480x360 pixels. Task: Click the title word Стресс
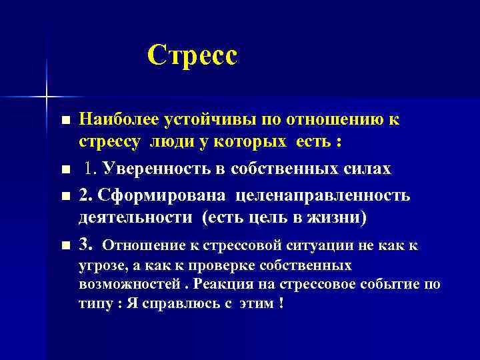(x=192, y=55)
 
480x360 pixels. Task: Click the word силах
(x=365, y=169)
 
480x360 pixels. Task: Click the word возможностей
(x=129, y=283)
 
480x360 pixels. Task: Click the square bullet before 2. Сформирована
(x=63, y=195)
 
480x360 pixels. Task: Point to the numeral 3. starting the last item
(x=86, y=244)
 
